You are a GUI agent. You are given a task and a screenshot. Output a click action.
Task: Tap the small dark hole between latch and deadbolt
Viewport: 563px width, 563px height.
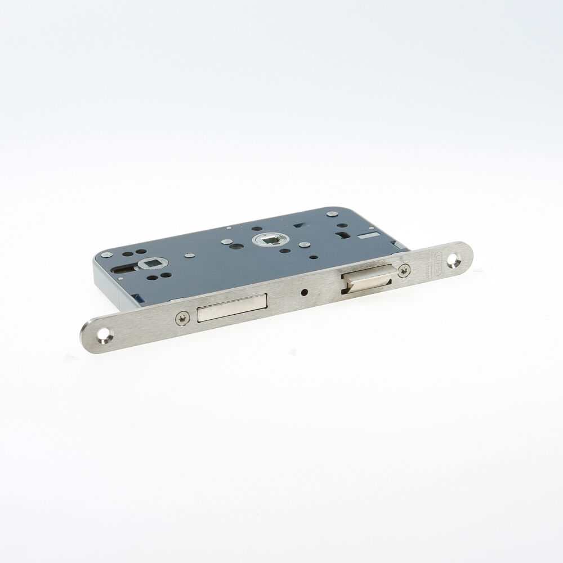click(x=305, y=293)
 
